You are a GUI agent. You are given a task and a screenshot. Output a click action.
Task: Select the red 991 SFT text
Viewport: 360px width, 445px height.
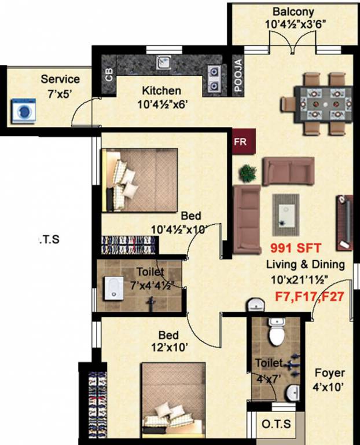click(x=293, y=248)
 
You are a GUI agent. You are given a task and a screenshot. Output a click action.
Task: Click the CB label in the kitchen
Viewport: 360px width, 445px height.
click(x=109, y=76)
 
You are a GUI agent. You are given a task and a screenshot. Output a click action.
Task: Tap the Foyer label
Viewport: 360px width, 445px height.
click(x=329, y=373)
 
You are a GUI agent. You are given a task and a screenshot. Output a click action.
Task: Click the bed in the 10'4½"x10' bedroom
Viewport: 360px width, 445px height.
click(x=139, y=180)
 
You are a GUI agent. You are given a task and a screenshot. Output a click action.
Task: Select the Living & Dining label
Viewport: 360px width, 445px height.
click(x=305, y=265)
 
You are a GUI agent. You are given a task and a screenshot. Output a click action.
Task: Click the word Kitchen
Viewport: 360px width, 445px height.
click(x=161, y=91)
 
